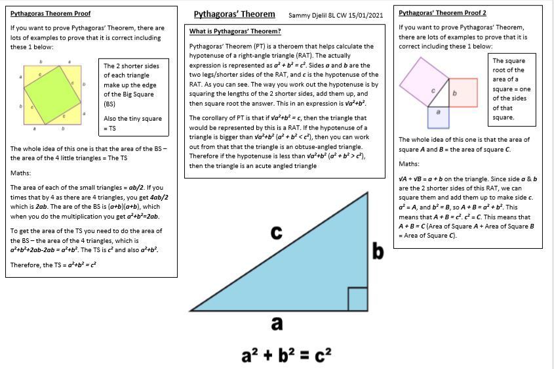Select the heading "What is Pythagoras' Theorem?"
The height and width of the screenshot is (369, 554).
click(x=235, y=32)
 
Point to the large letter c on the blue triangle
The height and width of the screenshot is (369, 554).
click(x=277, y=232)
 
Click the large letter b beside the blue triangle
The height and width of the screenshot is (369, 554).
click(x=378, y=251)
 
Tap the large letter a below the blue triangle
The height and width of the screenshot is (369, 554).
click(x=277, y=323)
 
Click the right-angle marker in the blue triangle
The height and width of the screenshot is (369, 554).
click(x=357, y=298)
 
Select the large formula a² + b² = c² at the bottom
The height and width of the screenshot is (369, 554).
click(x=287, y=355)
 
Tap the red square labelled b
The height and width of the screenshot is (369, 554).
click(x=462, y=93)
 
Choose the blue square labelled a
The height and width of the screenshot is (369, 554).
click(x=438, y=116)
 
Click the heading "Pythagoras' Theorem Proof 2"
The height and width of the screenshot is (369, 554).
click(x=443, y=12)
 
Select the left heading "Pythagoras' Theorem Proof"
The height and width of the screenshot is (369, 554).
click(x=50, y=12)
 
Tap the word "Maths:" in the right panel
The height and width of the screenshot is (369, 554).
click(x=409, y=163)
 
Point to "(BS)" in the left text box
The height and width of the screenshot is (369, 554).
click(x=109, y=104)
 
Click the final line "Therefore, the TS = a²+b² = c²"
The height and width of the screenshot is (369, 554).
click(x=53, y=265)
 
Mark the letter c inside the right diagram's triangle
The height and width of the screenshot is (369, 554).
click(x=433, y=90)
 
